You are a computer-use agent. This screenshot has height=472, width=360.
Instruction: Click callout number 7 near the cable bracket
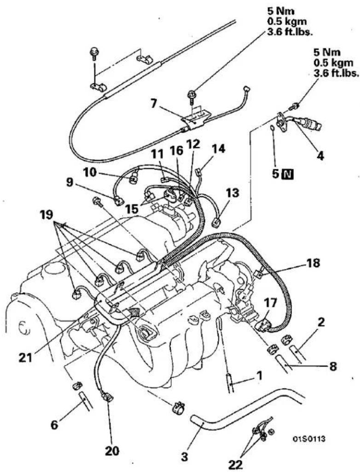click(x=154, y=104)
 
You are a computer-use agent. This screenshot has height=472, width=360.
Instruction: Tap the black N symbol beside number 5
click(x=288, y=174)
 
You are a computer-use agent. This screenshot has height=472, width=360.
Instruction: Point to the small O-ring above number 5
click(x=272, y=128)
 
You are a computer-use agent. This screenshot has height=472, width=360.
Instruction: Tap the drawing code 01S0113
click(x=309, y=439)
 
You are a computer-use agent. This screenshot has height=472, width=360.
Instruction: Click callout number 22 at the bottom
click(x=235, y=465)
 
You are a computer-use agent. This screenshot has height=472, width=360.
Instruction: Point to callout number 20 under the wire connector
click(x=112, y=451)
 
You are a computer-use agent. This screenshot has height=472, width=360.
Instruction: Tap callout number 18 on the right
click(x=313, y=263)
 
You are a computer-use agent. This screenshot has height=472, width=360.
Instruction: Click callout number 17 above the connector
click(x=270, y=303)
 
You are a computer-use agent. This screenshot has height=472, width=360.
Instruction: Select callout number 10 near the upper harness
click(x=90, y=173)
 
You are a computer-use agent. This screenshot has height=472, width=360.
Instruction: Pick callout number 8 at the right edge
click(x=332, y=366)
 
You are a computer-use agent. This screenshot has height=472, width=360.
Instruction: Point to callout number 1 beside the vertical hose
click(x=258, y=375)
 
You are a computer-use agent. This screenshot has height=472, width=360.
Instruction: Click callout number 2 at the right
click(x=321, y=322)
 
